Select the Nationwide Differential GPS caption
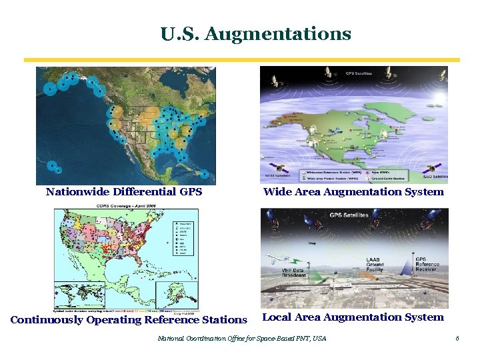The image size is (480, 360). (123, 192)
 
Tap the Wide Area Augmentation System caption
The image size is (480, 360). (353, 192)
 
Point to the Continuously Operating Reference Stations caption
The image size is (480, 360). (129, 319)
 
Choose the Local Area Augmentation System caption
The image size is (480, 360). (353, 317)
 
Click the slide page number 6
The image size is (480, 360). (457, 339)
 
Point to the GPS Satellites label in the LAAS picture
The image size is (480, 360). (348, 215)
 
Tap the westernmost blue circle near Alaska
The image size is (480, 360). (49, 91)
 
